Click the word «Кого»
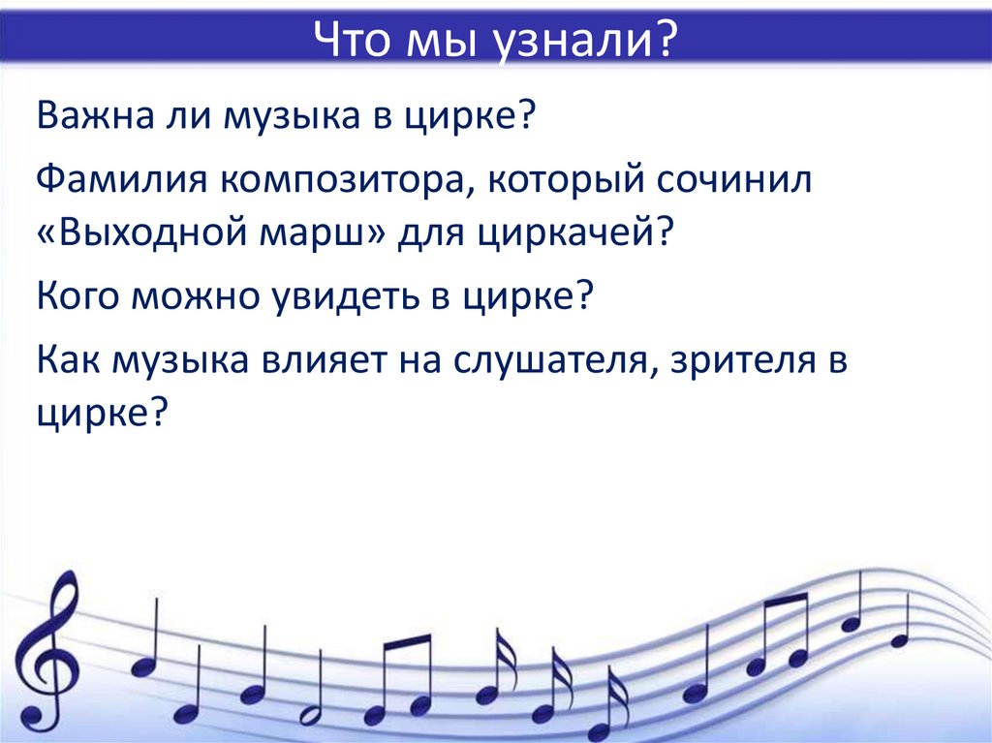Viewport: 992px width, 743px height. click(77, 295)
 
